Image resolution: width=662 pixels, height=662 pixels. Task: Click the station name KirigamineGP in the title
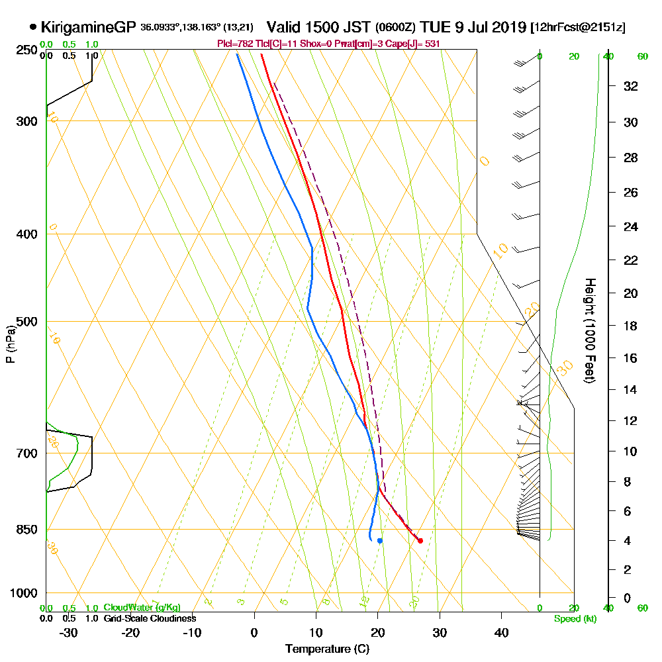tap(89, 28)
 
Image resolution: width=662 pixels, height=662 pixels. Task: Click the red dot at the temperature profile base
tap(420, 541)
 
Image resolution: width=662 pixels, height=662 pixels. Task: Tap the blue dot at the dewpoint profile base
tap(379, 541)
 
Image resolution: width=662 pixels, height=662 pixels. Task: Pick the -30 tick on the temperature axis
tap(69, 632)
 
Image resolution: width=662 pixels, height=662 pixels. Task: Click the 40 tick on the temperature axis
tap(501, 632)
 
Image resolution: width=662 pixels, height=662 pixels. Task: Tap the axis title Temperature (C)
tap(327, 649)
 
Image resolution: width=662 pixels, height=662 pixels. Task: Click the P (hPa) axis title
tap(10, 344)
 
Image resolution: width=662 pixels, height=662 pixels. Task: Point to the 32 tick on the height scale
tap(631, 86)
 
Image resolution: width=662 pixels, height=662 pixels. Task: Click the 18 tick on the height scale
tap(631, 326)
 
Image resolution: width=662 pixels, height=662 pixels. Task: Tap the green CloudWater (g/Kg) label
tap(142, 608)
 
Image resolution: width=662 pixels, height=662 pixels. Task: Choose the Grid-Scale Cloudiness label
tap(150, 618)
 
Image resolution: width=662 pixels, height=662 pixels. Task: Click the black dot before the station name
tap(33, 28)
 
